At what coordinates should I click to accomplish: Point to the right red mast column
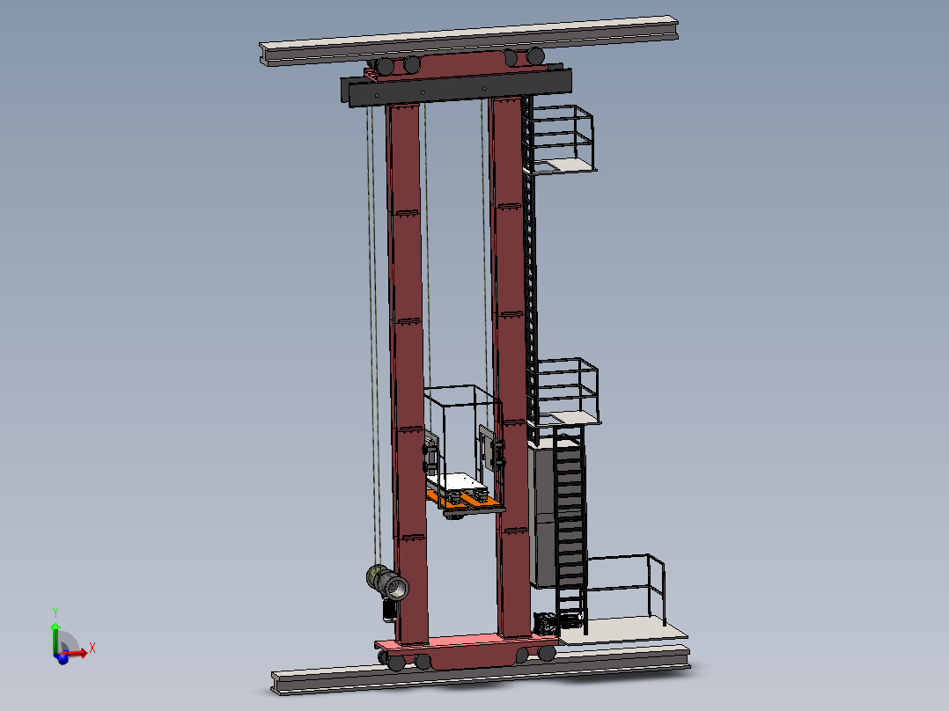tap(509, 352)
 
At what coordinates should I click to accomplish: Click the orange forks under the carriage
tap(467, 502)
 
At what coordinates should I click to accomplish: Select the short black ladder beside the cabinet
tap(570, 528)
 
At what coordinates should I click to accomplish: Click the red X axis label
tap(92, 648)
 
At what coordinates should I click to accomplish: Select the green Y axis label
tap(55, 611)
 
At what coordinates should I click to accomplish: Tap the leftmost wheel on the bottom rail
tap(397, 662)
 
